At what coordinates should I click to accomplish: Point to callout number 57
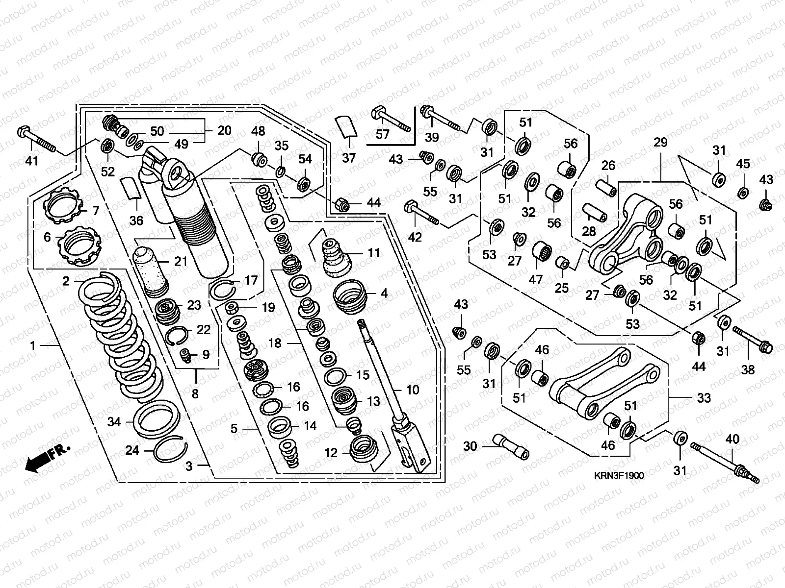382,134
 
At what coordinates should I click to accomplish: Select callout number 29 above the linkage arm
660,143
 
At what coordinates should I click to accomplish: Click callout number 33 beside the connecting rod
704,398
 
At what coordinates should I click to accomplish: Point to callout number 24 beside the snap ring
132,450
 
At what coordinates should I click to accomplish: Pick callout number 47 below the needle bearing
535,279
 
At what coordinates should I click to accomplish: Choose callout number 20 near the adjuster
224,131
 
